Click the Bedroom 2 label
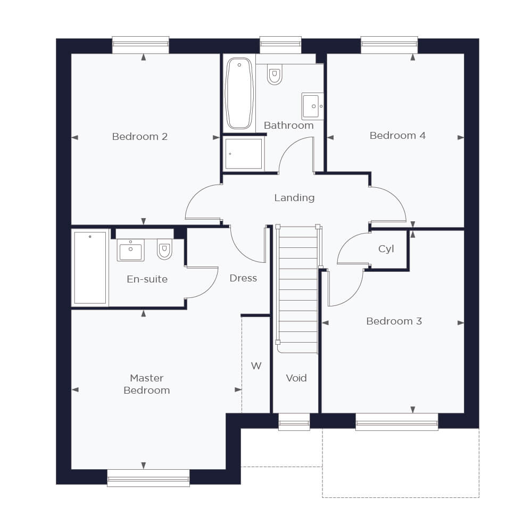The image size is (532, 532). (140, 136)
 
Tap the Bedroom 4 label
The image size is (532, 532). (397, 135)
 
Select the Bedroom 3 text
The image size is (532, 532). (394, 321)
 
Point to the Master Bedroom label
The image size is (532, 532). (147, 384)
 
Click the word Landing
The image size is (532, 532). (294, 198)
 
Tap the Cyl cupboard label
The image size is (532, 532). (386, 248)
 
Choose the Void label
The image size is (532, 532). (296, 378)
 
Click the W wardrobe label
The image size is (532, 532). (256, 366)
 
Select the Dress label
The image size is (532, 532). (243, 278)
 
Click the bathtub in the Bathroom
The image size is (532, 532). (239, 93)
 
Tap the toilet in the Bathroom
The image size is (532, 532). (275, 74)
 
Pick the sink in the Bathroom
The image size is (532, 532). (312, 106)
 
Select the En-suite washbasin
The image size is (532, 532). (131, 250)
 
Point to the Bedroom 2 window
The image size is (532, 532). (140, 45)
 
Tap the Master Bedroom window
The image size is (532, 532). (148, 478)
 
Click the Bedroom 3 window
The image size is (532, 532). (397, 422)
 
